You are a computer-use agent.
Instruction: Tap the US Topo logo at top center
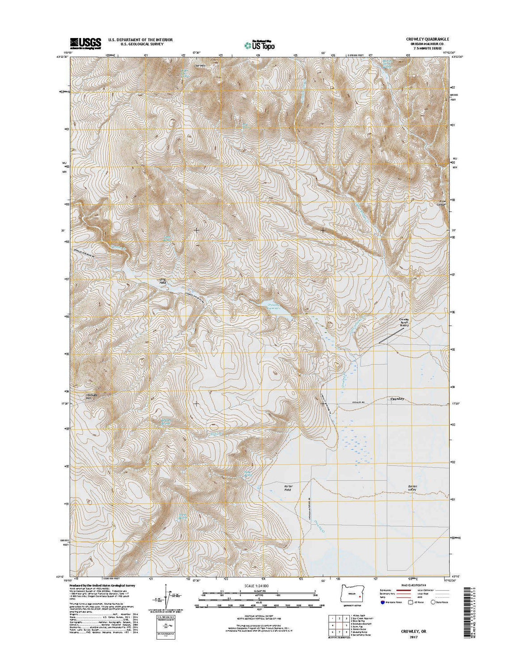(x=259, y=44)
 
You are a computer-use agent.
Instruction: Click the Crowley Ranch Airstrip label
(x=404, y=323)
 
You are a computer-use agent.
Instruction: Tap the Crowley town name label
(x=397, y=398)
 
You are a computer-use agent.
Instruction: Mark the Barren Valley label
(x=412, y=488)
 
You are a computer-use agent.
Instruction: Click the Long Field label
(x=162, y=282)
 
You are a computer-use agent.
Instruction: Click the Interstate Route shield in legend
(x=382, y=602)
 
